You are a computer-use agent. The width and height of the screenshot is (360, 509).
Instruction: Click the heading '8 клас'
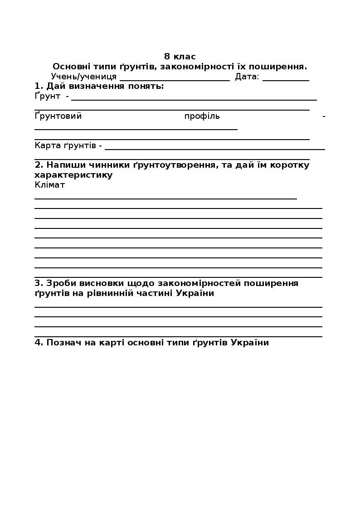(x=180, y=57)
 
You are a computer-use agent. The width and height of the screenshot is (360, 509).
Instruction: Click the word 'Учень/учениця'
(x=84, y=77)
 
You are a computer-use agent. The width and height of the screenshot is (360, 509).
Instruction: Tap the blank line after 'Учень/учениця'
(x=175, y=79)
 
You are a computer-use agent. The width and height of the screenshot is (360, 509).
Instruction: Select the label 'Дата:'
(x=247, y=77)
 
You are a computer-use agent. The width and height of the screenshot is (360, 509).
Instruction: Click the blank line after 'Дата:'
(x=286, y=79)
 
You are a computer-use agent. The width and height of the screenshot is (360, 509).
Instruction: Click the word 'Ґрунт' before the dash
(x=48, y=96)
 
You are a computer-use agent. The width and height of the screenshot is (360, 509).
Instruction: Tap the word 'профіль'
(x=202, y=116)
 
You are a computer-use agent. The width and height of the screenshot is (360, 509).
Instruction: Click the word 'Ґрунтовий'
(x=58, y=116)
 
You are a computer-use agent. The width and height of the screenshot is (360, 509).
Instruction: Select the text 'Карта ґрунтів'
(x=65, y=145)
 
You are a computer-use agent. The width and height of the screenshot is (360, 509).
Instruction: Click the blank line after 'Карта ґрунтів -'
(x=215, y=148)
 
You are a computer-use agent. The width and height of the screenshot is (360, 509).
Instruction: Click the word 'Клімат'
(x=50, y=185)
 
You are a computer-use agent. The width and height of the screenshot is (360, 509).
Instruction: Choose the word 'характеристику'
(x=73, y=175)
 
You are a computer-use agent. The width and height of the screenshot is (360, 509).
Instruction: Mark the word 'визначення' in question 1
(x=97, y=86)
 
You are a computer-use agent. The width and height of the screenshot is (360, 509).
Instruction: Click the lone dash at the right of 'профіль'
(x=324, y=116)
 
